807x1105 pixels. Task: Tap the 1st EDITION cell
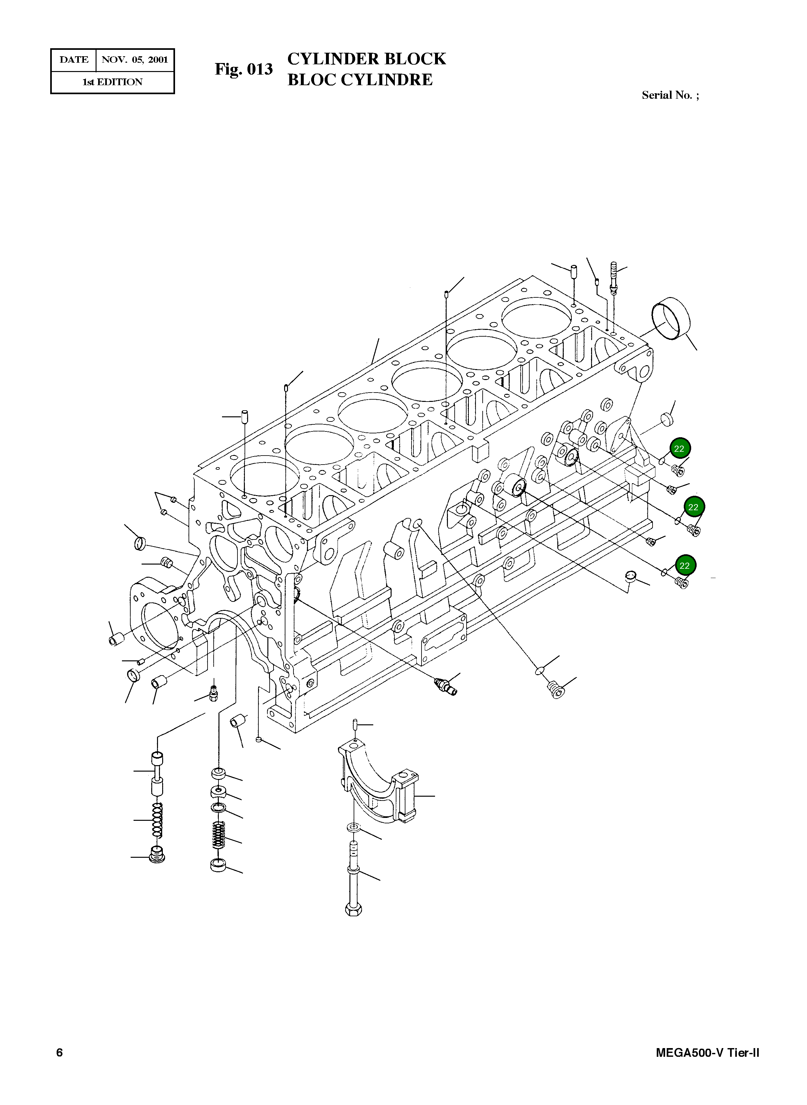point(112,82)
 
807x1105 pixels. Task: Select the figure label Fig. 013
point(243,69)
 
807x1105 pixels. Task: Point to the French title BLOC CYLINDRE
point(360,79)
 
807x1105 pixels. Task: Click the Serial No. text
point(670,95)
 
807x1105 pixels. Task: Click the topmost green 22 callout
point(679,448)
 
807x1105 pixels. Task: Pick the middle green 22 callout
point(693,507)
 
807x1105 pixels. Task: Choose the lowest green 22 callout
point(684,566)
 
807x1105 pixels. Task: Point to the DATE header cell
point(74,60)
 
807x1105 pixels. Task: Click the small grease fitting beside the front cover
point(213,693)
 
